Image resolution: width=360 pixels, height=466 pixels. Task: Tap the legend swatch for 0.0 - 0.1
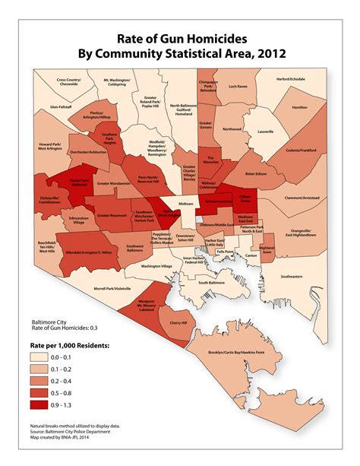(43, 356)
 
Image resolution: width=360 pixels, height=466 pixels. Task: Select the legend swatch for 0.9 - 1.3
(43, 406)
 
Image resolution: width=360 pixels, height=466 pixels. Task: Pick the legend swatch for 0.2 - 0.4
(43, 381)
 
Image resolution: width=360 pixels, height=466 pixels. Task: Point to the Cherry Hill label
(178, 323)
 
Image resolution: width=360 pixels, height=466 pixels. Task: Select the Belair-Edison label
(259, 173)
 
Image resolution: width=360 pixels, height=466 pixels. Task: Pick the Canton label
(251, 255)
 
